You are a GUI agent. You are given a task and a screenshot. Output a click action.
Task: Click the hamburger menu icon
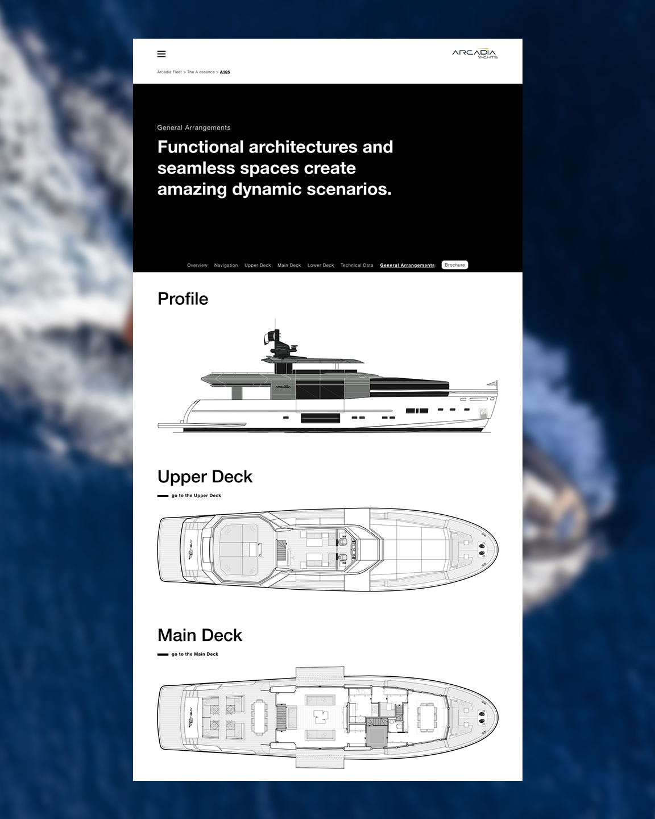point(161,54)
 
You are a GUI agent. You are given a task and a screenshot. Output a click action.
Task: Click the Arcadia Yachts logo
point(475,54)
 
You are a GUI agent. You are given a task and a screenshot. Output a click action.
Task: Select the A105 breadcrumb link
point(225,72)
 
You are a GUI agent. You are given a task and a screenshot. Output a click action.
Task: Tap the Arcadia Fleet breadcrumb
point(169,72)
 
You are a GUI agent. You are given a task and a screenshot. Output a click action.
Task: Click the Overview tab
point(197,266)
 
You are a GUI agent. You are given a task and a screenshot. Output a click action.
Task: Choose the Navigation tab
point(226,266)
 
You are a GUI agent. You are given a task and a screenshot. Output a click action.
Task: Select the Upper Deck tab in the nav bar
point(258,266)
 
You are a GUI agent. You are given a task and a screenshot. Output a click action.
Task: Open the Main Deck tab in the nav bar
point(289,266)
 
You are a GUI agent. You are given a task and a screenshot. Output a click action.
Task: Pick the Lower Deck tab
point(321,266)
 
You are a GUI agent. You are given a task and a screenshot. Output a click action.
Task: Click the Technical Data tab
point(357,266)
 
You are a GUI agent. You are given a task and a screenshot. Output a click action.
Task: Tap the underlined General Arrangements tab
point(407,266)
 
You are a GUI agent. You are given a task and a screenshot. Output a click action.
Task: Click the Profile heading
point(183,299)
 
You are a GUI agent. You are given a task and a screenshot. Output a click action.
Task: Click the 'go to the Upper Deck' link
point(196,496)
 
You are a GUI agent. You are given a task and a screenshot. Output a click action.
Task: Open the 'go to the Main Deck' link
point(194,655)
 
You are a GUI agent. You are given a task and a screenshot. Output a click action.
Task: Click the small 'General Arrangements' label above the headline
point(194,128)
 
